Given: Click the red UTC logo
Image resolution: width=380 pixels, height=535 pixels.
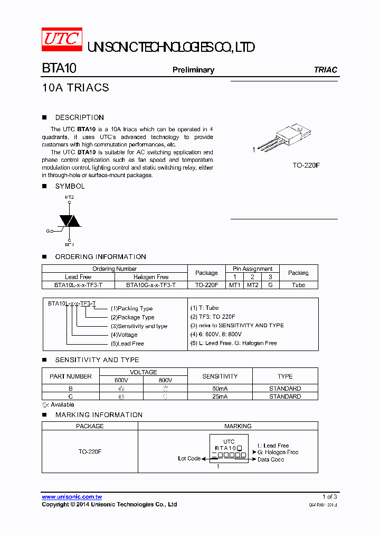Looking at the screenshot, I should tap(62, 40).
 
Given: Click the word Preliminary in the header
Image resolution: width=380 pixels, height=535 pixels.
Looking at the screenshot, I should tap(193, 70).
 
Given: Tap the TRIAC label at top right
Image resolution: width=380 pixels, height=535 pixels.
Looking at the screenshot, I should tap(325, 70).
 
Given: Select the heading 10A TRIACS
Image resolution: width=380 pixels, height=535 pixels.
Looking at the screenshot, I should tap(75, 88).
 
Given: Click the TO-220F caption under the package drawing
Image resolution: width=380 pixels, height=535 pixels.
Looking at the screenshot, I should tap(306, 165).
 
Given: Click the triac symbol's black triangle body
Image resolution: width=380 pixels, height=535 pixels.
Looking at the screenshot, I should tap(69, 220).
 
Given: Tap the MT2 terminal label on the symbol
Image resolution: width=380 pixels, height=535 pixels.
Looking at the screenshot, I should tap(69, 197).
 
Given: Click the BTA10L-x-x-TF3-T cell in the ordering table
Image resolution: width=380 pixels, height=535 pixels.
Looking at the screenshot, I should tap(78, 285).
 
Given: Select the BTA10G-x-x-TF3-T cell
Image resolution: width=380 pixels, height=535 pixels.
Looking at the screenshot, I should tap(151, 285).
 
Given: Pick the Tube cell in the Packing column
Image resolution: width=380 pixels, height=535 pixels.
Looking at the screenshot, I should tap(298, 285).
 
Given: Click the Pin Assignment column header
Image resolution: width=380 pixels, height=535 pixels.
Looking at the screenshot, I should tap(252, 269).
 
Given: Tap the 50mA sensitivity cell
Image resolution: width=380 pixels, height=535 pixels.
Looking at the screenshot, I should tap(220, 389).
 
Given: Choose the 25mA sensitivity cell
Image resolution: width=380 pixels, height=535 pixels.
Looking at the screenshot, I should tap(220, 396).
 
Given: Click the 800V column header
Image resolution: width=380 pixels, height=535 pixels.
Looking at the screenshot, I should tap(165, 380).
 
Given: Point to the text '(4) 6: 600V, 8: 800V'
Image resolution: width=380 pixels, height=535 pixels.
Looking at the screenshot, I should tap(215, 334).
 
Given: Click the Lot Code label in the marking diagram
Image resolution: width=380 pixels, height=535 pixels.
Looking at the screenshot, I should tap(189, 458).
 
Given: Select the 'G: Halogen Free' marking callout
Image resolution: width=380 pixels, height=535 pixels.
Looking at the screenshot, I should tap(278, 452).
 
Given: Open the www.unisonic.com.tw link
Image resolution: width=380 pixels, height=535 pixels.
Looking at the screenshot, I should tap(72, 497).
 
